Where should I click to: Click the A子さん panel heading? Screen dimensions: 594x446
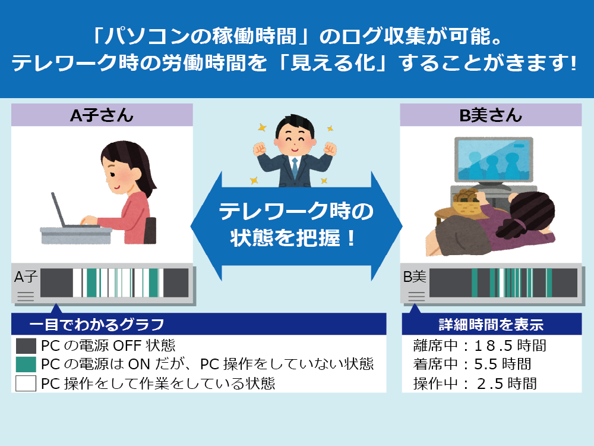pyautogui.click(x=102, y=115)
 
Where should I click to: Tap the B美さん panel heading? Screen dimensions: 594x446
pyautogui.click(x=491, y=115)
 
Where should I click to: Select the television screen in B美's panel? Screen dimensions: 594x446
pyautogui.click(x=494, y=160)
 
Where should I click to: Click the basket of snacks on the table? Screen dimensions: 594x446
pyautogui.click(x=468, y=202)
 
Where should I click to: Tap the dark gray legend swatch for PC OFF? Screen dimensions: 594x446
pyautogui.click(x=26, y=346)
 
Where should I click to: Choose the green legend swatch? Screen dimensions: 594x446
pyautogui.click(x=26, y=364)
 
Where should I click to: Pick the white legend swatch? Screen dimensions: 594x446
pyautogui.click(x=26, y=383)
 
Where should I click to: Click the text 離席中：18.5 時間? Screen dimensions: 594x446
pyautogui.click(x=479, y=346)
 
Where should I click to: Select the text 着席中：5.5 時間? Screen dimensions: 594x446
pyautogui.click(x=472, y=364)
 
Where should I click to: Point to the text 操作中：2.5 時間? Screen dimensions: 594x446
pyautogui.click(x=475, y=384)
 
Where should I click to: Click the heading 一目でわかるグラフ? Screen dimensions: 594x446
pyautogui.click(x=97, y=325)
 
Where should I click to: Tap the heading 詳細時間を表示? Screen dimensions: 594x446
pyautogui.click(x=491, y=325)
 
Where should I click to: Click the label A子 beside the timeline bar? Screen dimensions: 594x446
pyautogui.click(x=26, y=277)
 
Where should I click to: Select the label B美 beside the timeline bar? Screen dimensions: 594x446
pyautogui.click(x=415, y=277)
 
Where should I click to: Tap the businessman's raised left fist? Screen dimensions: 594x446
pyautogui.click(x=330, y=149)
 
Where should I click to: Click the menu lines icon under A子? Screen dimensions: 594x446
pyautogui.click(x=26, y=296)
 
